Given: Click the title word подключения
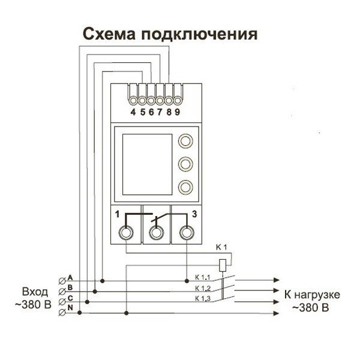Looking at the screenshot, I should (199, 34).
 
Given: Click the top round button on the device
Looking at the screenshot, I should (186, 142).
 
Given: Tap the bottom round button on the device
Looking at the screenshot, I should (186, 187).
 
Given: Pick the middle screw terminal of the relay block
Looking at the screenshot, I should (157, 232).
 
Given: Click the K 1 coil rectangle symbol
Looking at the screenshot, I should (223, 263).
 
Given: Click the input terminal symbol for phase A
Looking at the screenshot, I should (62, 280).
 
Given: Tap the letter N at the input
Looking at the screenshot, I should (70, 308).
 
